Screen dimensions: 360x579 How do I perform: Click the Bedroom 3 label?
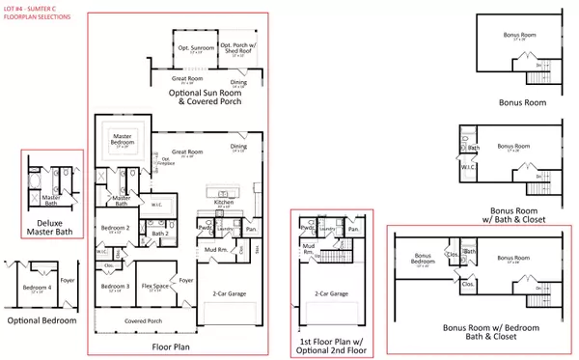click(x=115, y=287)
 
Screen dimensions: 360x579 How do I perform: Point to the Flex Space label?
click(x=156, y=287)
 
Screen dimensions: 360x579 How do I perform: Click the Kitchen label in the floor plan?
click(x=225, y=203)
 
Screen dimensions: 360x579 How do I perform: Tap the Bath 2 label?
click(x=160, y=232)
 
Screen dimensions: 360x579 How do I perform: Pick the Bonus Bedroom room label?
click(x=420, y=260)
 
